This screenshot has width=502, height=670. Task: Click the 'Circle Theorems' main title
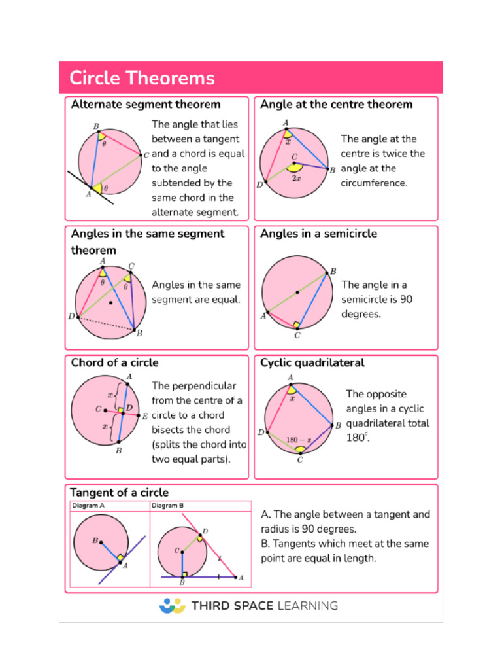pyautogui.click(x=142, y=79)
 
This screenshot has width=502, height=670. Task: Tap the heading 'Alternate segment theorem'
pyautogui.click(x=145, y=104)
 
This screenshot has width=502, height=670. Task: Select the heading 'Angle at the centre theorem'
pyautogui.click(x=336, y=104)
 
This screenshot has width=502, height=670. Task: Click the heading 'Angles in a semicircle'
pyautogui.click(x=318, y=234)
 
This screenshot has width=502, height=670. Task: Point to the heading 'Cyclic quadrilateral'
pyautogui.click(x=312, y=362)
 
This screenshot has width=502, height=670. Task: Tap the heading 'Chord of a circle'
pyautogui.click(x=114, y=362)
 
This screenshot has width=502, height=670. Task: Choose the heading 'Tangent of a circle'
pyautogui.click(x=120, y=493)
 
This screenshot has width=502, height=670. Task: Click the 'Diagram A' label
pyautogui.click(x=88, y=506)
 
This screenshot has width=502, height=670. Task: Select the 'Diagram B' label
pyautogui.click(x=168, y=506)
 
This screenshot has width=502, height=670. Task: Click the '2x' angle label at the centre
pyautogui.click(x=297, y=179)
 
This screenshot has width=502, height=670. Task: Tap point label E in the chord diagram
pyautogui.click(x=145, y=416)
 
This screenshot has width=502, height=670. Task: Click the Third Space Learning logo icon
pyautogui.click(x=172, y=605)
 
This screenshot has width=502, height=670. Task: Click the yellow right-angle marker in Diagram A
pyautogui.click(x=120, y=558)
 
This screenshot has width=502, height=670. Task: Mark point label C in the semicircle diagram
pyautogui.click(x=297, y=336)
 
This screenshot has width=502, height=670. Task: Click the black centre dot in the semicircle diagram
pyautogui.click(x=297, y=292)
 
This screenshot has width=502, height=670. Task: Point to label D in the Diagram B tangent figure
pyautogui.click(x=205, y=531)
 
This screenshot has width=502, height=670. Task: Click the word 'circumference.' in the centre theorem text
pyautogui.click(x=374, y=183)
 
